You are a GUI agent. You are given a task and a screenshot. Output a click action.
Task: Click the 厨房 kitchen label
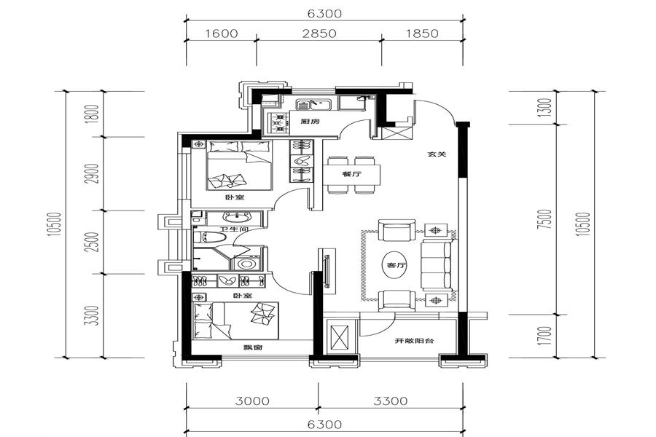[x=310, y=122]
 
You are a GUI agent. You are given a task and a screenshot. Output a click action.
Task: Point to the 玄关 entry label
[x=437, y=154]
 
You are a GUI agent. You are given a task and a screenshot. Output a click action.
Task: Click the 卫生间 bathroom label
[x=234, y=229]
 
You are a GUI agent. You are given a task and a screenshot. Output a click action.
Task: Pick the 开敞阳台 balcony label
[x=414, y=341]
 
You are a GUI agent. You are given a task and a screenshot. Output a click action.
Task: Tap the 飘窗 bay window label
[x=252, y=347]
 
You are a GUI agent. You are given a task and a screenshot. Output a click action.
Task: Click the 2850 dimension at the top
[x=319, y=33]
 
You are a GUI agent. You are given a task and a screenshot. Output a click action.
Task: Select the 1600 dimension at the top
[x=221, y=33]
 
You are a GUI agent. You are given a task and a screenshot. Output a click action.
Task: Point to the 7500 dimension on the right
[x=547, y=219]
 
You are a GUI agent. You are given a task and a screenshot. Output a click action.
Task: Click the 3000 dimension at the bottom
[x=252, y=401]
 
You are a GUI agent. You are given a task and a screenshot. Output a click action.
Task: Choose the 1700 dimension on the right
[x=547, y=336]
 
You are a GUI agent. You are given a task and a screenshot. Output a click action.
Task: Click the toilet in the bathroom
[x=210, y=238]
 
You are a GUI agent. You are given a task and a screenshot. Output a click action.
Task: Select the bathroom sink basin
[x=236, y=217]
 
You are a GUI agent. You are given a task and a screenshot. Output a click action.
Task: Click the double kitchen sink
[x=313, y=104]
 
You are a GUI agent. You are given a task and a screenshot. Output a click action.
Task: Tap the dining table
[x=351, y=174]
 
